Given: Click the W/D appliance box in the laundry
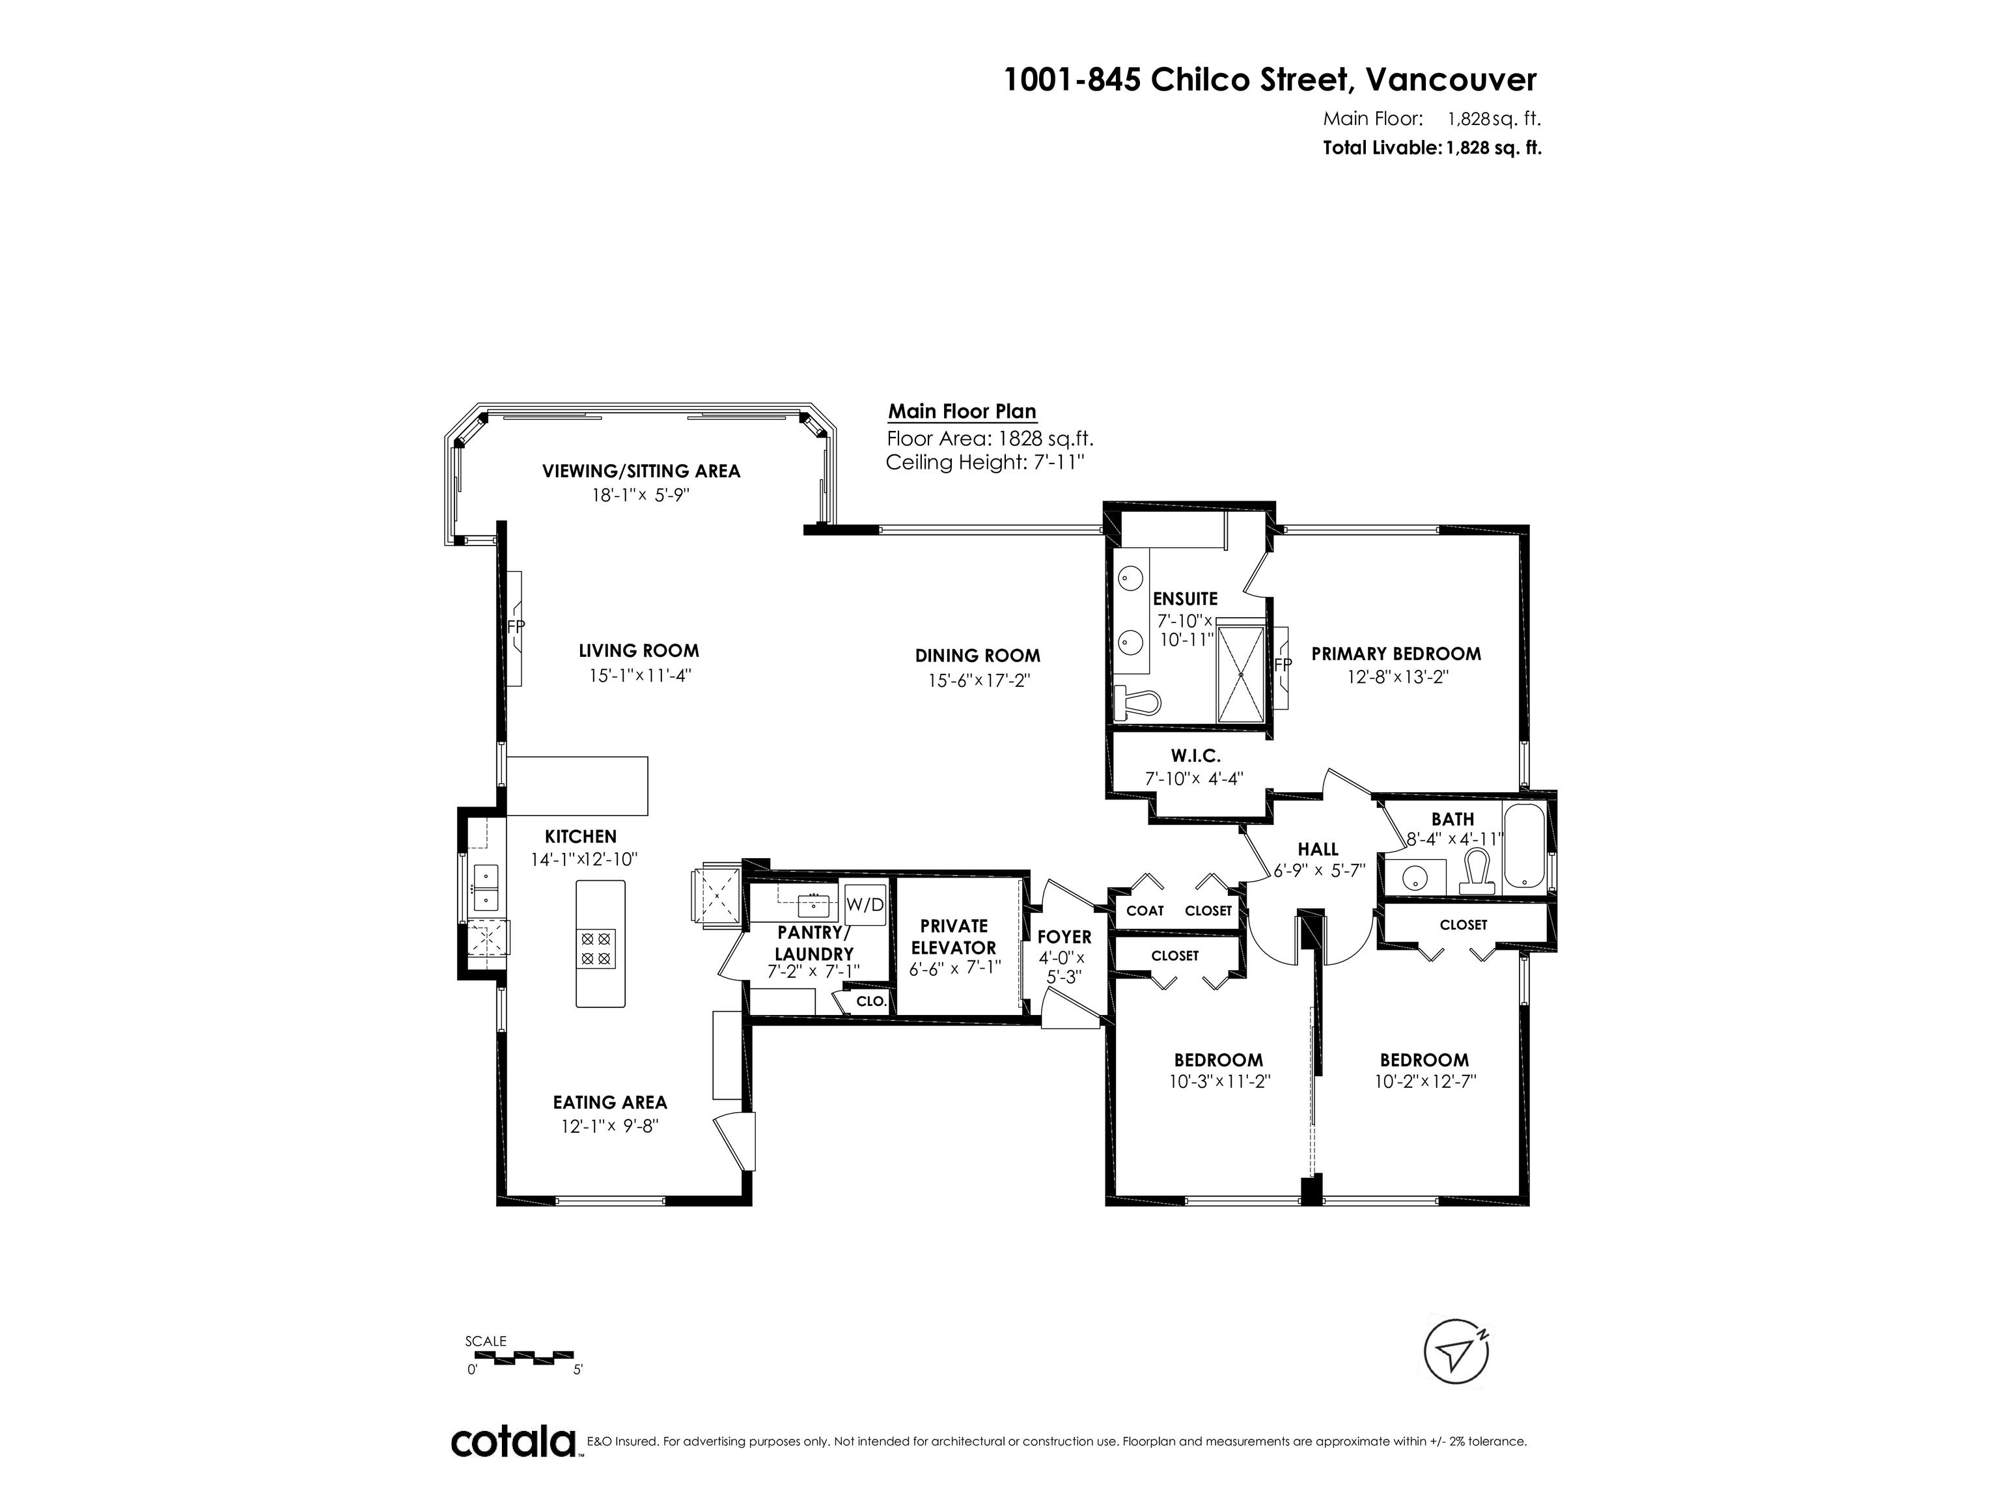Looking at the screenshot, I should (865, 905).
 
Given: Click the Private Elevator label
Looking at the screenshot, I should (953, 937).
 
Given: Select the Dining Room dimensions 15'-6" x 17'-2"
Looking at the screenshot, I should (979, 680).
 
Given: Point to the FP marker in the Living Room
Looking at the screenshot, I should (516, 626).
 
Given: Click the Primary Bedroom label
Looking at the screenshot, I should (1396, 654).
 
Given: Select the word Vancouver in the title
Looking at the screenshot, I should (1451, 81).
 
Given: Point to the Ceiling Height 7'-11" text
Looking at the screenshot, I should (984, 463).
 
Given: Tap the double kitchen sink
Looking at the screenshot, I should (486, 887).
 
